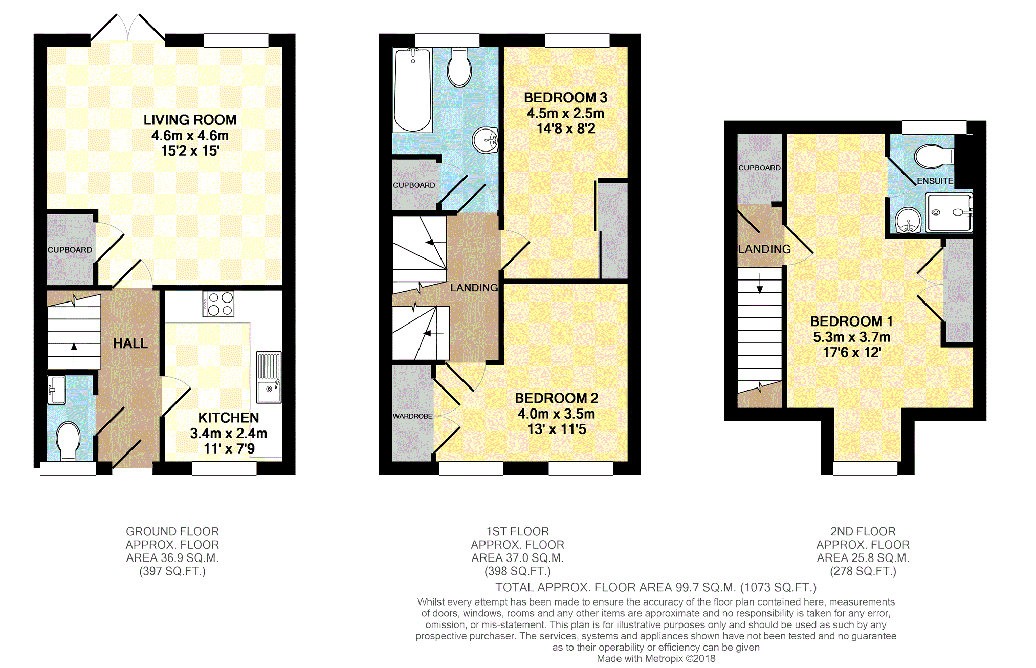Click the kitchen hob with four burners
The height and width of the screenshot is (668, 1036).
coord(218,304)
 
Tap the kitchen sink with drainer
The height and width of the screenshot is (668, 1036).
coord(269,377)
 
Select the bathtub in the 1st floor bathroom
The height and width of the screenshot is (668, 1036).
coord(413,90)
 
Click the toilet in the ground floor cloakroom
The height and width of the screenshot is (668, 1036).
coord(68,441)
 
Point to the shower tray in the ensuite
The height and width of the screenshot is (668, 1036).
coord(949,212)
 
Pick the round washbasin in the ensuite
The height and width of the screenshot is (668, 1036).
coord(908,221)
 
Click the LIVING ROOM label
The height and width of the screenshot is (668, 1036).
coord(190,120)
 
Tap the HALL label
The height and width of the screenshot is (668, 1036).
coord(130,343)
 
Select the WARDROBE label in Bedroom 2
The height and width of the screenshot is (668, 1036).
coord(413,416)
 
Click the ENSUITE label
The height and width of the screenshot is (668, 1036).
coord(935,181)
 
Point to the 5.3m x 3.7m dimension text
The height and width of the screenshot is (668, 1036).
coord(852,337)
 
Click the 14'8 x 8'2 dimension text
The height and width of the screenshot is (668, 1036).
coord(566,128)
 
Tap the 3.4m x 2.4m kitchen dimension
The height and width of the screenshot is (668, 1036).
coord(229,434)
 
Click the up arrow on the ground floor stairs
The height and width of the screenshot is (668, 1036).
coord(74,353)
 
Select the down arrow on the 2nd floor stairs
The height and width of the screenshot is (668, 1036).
coord(760,283)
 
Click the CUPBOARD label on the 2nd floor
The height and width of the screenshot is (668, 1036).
coord(760,168)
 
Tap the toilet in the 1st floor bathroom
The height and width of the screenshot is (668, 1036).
coord(459,68)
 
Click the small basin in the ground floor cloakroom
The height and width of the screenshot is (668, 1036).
coord(56,390)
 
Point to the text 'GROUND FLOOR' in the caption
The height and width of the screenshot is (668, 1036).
coord(172,531)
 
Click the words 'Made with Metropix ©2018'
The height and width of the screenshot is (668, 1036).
coord(656,659)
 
